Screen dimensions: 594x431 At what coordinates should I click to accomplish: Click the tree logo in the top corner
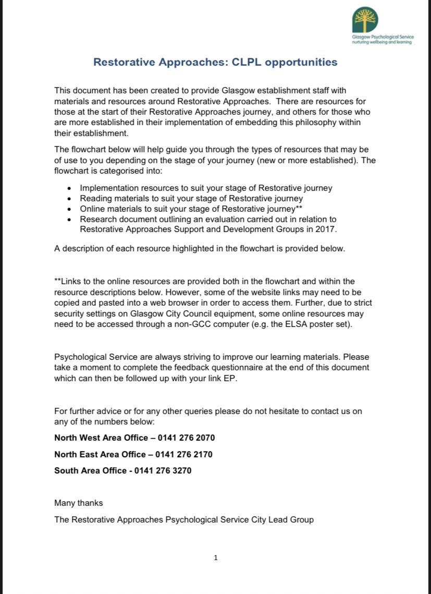click(x=364, y=20)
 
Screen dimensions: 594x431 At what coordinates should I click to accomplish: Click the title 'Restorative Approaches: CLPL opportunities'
click(x=215, y=62)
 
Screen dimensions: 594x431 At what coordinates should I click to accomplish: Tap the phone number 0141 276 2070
click(x=188, y=438)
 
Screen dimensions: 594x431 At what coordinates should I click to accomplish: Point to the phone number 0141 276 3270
click(x=163, y=470)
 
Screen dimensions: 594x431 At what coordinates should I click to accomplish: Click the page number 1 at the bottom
click(x=216, y=557)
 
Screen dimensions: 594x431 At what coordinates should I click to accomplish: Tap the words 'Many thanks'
click(x=79, y=503)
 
